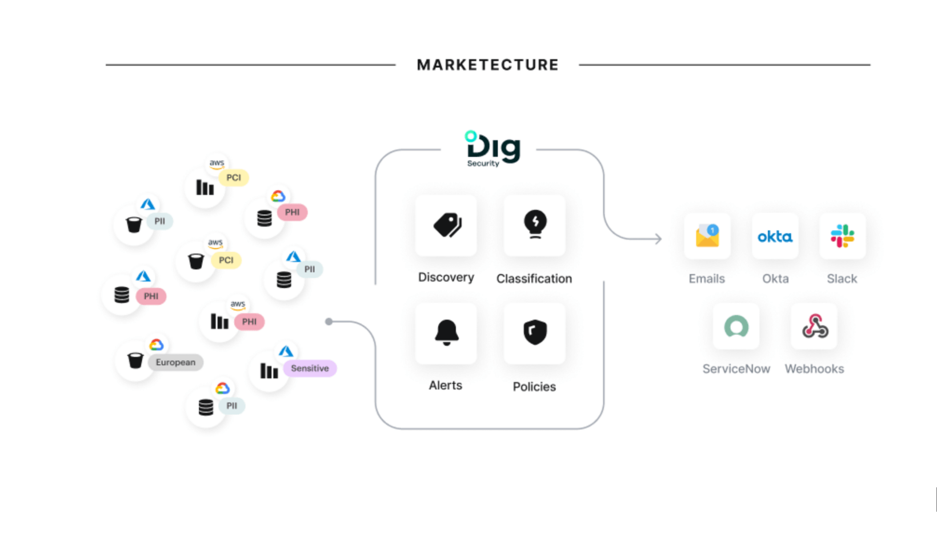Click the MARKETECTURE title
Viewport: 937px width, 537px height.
point(487,65)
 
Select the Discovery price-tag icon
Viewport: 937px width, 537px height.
point(446,225)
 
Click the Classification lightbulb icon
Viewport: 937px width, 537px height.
point(535,225)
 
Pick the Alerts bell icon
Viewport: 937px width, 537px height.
point(446,332)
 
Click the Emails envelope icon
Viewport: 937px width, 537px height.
point(707,236)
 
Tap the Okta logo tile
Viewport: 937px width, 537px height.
point(775,237)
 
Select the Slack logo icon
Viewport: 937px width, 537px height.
point(842,236)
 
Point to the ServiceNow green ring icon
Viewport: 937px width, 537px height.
point(736,327)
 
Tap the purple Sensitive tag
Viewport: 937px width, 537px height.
point(310,368)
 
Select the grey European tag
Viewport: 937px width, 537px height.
point(175,362)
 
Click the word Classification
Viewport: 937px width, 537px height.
point(534,279)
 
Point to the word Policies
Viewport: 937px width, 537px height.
point(534,387)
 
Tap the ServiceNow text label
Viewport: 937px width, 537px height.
point(736,369)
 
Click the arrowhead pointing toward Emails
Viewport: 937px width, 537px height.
point(658,239)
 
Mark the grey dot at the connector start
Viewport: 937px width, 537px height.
point(329,322)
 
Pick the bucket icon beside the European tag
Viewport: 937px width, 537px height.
point(135,360)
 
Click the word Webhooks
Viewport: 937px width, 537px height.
point(814,369)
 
